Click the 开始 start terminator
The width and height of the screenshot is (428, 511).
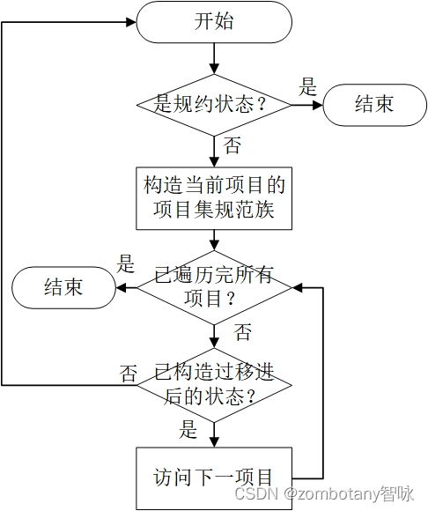214,22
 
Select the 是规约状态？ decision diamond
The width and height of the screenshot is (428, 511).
214,104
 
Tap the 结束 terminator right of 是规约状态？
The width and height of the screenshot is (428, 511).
373,104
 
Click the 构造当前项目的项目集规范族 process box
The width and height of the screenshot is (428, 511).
214,198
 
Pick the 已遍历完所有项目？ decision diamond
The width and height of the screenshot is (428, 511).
214,287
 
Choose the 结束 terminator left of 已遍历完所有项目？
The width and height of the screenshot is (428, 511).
63,287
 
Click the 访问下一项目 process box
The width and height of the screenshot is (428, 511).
214,478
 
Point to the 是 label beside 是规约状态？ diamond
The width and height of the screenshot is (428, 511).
308,86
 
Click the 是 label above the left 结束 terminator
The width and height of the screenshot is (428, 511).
126,263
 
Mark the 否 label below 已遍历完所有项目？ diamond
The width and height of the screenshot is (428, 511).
242,332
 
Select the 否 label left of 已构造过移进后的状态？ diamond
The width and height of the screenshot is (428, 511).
129,373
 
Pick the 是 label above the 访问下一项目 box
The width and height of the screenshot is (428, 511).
188,430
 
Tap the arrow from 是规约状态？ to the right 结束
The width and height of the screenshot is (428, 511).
306,104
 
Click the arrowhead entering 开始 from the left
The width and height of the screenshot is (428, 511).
129,22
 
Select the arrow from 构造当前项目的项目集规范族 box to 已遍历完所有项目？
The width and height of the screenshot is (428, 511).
214,240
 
